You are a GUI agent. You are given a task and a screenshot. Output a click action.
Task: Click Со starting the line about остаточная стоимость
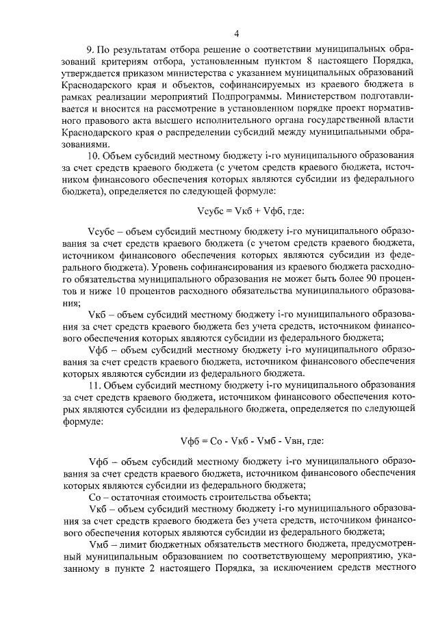coord(95,497)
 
